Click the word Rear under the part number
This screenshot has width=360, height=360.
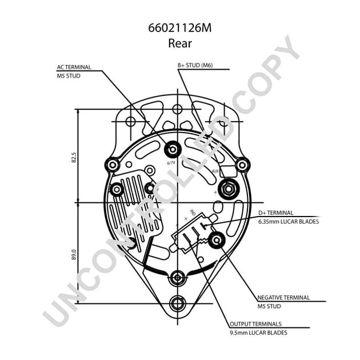click(179, 42)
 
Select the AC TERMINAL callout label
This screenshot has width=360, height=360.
click(74, 67)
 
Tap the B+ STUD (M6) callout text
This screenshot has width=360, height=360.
click(195, 66)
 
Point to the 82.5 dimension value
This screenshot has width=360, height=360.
click(74, 157)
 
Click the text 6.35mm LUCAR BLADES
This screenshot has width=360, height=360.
click(288, 221)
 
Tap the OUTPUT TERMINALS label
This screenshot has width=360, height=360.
click(255, 324)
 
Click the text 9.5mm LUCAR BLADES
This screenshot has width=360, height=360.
click(258, 333)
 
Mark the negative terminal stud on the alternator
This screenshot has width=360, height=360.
click(217, 240)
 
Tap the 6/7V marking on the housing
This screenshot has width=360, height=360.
click(171, 163)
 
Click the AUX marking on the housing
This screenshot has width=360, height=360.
click(215, 170)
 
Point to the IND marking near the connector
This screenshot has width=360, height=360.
click(192, 212)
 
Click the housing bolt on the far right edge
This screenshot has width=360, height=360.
click(242, 165)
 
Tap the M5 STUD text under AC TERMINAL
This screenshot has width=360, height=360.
click(69, 75)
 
